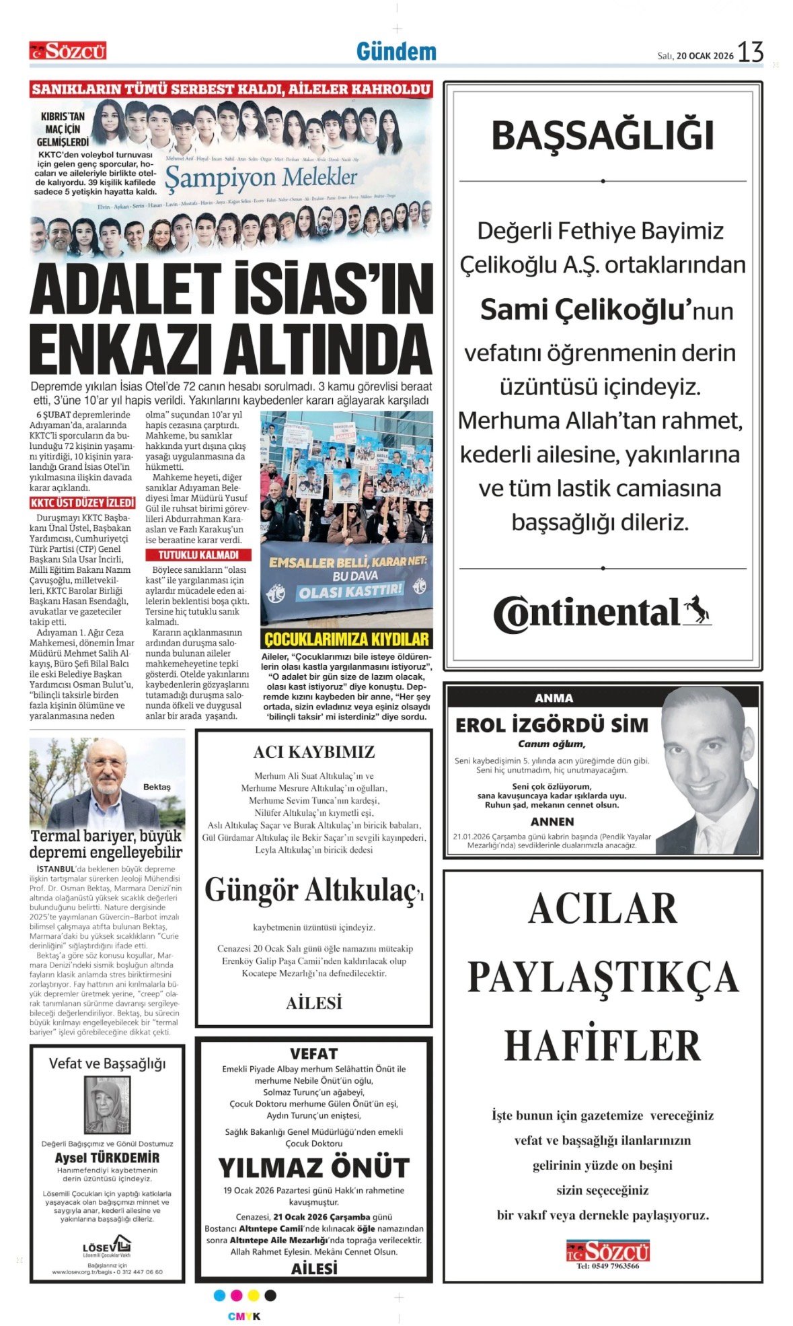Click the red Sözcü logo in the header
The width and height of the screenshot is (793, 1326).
point(67,50)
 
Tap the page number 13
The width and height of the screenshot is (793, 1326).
point(750,52)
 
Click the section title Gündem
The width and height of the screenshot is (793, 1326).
point(396,51)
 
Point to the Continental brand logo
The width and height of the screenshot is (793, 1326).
point(602,613)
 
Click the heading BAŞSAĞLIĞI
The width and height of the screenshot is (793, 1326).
point(603,135)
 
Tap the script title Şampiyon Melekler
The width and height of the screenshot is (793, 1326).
point(261,178)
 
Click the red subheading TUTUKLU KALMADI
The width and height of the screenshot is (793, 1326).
point(198,555)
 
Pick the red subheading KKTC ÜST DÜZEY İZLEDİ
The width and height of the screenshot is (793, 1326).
point(82,503)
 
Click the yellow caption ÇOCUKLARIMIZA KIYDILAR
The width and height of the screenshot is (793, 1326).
point(346,639)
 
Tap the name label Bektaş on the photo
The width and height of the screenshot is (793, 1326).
point(157,787)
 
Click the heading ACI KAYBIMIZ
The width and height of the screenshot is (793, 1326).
point(313,752)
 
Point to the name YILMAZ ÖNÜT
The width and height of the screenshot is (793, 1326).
point(313,1167)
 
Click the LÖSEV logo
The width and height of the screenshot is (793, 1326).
point(107,1246)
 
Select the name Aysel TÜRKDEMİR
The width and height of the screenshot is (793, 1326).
point(107,1158)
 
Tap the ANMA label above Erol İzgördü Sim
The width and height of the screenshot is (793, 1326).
point(554,698)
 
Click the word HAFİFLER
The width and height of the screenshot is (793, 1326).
point(603,1046)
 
